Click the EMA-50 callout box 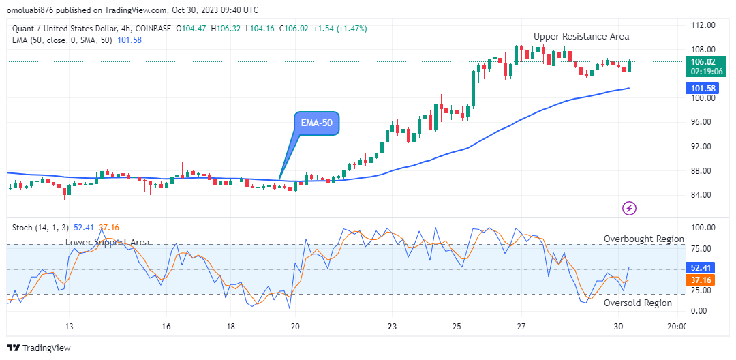click(316, 123)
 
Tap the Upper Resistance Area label click(581, 36)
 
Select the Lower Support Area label click(108, 242)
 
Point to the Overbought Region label click(644, 239)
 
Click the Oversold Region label click(638, 303)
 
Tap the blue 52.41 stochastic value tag click(700, 268)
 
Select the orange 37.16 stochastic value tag click(700, 280)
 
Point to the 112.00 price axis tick click(702, 25)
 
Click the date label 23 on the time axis click(391, 326)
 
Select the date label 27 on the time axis click(521, 326)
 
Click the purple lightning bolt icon click(630, 208)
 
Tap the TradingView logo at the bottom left click(39, 348)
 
